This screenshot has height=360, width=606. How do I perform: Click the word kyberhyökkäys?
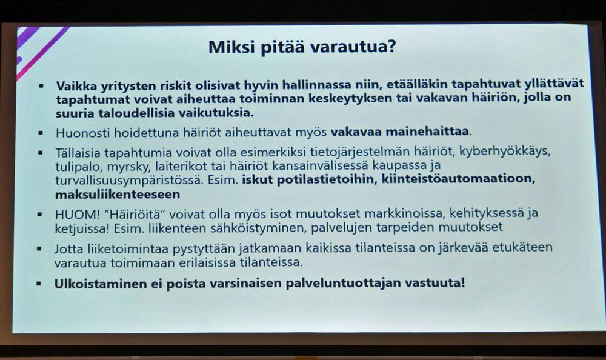(504, 151)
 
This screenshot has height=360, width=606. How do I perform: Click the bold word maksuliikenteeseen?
(118, 194)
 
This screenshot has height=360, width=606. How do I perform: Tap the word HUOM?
(78, 214)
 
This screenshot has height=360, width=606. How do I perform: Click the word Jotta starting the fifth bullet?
(69, 248)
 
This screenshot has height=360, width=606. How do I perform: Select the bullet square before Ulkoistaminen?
(39, 284)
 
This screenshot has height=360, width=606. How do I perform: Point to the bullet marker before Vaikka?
(41, 85)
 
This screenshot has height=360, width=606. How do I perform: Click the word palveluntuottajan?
(343, 284)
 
